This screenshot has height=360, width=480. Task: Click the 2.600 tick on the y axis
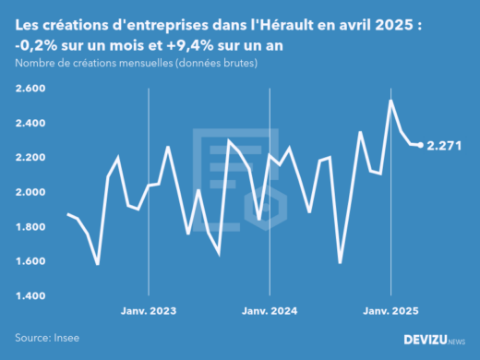pos(30,89)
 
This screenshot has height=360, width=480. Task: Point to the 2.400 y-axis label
pos(30,123)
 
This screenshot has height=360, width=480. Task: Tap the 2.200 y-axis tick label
pos(30,158)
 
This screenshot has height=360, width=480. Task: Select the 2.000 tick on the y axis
pos(30,192)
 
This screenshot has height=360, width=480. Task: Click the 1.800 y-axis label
pos(30,227)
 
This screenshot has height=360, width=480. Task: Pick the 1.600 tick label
pos(30,261)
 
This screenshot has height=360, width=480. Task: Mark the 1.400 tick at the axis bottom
pos(30,296)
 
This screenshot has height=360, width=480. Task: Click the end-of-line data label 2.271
pos(445,146)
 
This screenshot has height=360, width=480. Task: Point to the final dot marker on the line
pos(421,145)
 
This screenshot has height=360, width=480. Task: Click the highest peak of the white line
pos(390,100)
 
